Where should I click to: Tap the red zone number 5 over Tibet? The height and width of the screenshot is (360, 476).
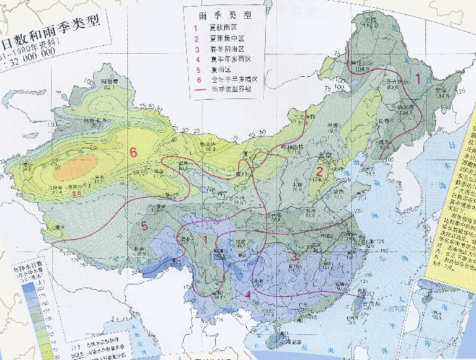[144, 226]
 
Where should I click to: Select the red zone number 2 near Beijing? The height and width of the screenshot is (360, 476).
[320, 172]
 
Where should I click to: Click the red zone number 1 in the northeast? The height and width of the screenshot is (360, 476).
[419, 79]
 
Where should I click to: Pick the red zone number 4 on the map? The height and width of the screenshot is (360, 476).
[249, 295]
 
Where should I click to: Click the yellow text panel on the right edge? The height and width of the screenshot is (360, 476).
[462, 204]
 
